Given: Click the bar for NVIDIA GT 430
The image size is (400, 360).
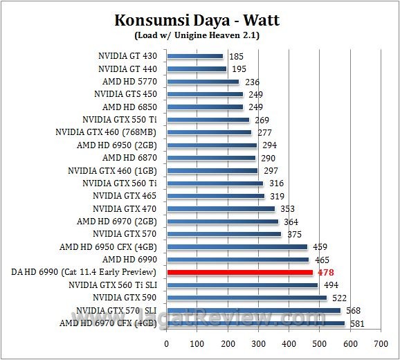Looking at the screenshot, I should [194, 56].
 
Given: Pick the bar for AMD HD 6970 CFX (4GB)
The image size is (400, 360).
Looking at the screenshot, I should [255, 323].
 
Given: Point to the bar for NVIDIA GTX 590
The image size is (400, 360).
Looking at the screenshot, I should [246, 298].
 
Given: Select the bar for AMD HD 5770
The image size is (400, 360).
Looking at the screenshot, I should [202, 82].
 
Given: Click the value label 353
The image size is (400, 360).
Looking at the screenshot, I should [287, 208].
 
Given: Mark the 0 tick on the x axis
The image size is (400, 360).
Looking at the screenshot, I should [166, 343].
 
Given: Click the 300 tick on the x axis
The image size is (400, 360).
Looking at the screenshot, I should [258, 343].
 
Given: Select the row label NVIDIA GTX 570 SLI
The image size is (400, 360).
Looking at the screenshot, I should [116, 310].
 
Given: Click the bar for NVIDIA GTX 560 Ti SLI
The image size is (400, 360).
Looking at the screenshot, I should [242, 285].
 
